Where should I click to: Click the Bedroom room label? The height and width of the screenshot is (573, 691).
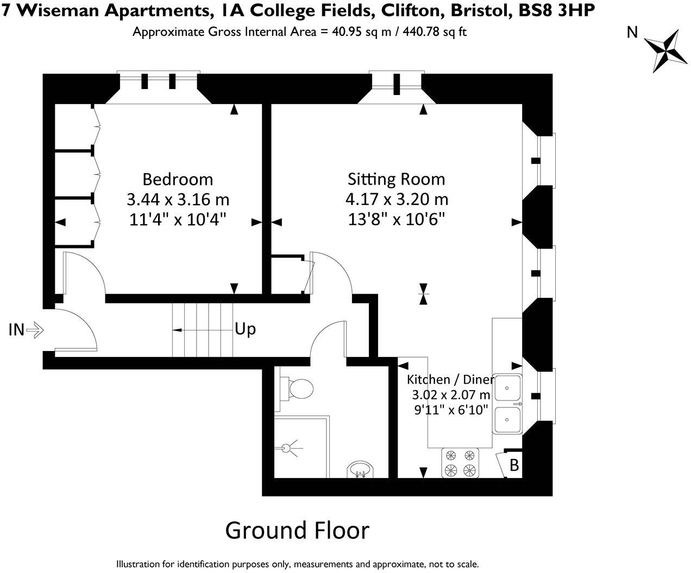178,180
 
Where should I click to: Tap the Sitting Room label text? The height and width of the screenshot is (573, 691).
396,179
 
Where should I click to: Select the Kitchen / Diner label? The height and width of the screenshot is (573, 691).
450,380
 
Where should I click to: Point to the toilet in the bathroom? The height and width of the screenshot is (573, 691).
297,389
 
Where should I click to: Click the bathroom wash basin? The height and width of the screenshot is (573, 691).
360,469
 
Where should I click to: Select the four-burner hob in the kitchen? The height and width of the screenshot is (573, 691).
460,462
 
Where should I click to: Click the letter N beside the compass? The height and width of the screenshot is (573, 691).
632,33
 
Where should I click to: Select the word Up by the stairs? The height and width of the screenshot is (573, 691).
245,329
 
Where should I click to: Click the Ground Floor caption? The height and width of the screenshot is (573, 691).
297,530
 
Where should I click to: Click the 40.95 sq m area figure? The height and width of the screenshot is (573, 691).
356,31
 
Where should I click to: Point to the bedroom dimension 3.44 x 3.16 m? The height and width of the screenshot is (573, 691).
178,199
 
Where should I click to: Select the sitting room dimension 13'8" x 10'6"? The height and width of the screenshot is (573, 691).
396,219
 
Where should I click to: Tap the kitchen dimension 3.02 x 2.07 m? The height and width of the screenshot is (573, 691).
451,395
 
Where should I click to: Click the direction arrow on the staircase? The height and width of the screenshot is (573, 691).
202,330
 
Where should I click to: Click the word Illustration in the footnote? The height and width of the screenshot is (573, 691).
139,563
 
